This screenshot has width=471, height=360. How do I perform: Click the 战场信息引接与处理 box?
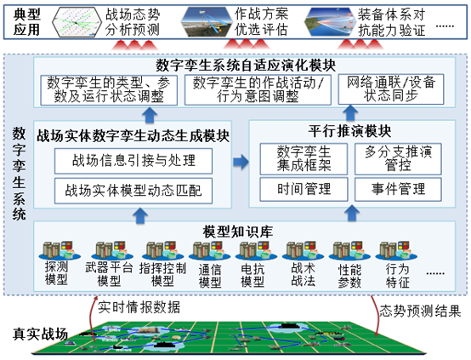(133, 160)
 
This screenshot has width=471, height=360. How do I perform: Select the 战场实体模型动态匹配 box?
(133, 190)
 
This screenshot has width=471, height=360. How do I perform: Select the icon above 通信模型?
(207, 253)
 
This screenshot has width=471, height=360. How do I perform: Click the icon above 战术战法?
(302, 253)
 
